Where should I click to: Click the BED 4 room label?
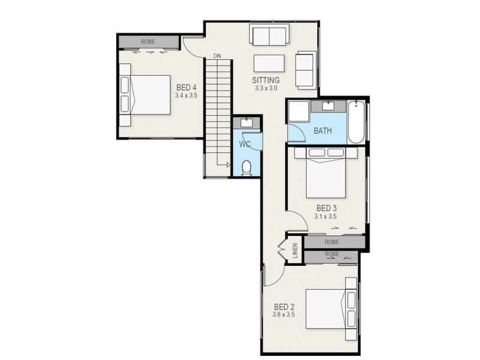[x=186, y=87]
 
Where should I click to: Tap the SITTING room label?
[x=266, y=80]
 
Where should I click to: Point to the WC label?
[x=245, y=145]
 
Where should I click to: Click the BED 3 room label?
[x=326, y=208]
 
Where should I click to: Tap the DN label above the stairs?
[x=217, y=56]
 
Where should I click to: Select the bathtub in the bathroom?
[x=355, y=122]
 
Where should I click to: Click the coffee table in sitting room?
[x=269, y=64]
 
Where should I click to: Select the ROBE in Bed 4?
[x=148, y=41]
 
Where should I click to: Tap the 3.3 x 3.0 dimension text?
[x=266, y=88]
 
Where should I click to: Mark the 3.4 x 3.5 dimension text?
[x=186, y=95]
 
